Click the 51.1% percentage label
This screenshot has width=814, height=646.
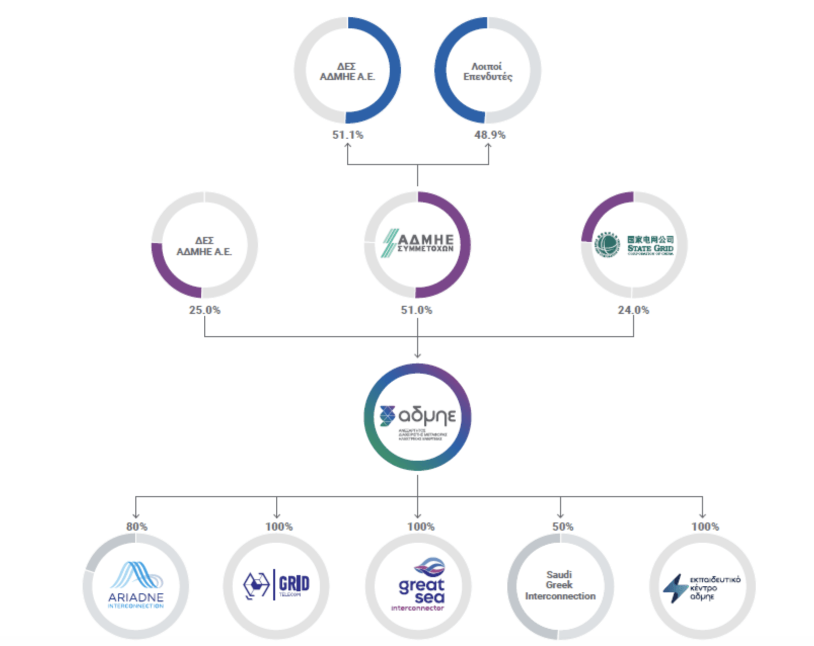(x=348, y=135)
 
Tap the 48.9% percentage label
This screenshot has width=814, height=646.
(x=490, y=135)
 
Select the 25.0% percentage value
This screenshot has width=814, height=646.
(x=205, y=310)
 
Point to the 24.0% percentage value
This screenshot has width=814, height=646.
(x=633, y=310)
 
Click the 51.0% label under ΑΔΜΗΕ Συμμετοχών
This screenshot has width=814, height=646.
(x=417, y=310)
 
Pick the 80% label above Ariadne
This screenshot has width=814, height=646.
(x=136, y=527)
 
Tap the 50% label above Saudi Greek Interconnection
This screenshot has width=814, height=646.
(x=563, y=527)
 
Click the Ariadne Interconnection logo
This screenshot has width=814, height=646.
(x=136, y=585)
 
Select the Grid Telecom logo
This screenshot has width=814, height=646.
(x=276, y=585)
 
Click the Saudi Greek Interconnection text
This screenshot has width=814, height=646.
(x=560, y=585)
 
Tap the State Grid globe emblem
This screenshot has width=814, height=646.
(x=607, y=245)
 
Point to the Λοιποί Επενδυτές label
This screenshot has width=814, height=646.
(x=487, y=71)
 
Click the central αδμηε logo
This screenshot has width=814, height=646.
(x=418, y=417)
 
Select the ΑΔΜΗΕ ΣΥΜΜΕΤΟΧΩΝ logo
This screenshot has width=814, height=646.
(x=418, y=243)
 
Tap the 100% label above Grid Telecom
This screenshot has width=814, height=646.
(x=279, y=527)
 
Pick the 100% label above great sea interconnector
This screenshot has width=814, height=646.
(x=421, y=527)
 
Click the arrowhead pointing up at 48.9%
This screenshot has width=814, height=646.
(x=489, y=146)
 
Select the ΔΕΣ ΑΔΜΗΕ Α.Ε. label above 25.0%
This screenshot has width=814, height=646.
(x=204, y=246)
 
